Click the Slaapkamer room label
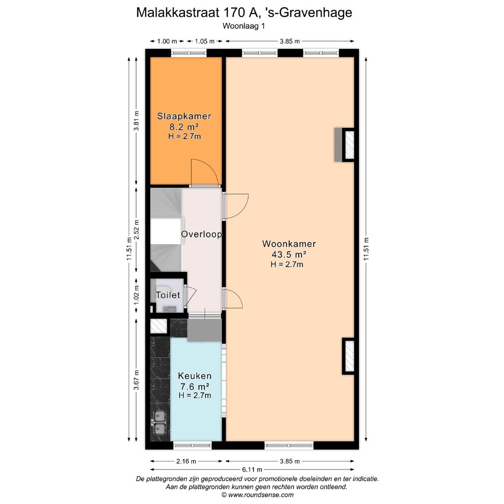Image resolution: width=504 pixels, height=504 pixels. point(184,116)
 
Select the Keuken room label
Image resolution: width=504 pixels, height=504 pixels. point(195,376)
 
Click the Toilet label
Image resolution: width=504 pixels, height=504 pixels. point(168,295)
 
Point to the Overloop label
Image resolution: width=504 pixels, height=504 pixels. point(201,234)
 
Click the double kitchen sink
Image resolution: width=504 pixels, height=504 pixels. point(160,422)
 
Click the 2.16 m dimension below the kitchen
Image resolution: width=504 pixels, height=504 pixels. point(186,461)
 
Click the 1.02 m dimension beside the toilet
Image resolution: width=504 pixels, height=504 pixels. point(136,295)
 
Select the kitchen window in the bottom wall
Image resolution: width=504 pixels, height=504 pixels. point(192,446)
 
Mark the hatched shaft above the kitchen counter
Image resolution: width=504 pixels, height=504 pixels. point(159,326)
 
